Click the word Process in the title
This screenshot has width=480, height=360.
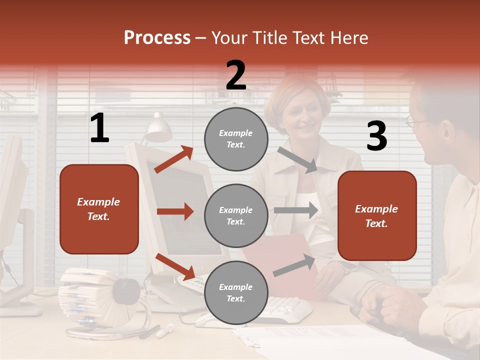point(157,38)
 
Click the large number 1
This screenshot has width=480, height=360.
point(99,128)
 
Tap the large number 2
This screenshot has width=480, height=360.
point(236,75)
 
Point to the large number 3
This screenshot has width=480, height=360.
point(376,136)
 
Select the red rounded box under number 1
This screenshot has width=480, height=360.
point(99,209)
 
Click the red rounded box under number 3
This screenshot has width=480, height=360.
point(377,216)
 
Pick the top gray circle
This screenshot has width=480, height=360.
point(236,139)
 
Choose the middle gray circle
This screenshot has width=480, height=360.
point(236,215)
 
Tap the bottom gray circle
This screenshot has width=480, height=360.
point(236,292)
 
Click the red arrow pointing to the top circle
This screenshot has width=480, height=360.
point(173,159)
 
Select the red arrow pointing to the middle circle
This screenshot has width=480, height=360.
point(175,211)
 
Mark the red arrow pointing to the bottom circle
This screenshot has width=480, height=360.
point(175,266)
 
